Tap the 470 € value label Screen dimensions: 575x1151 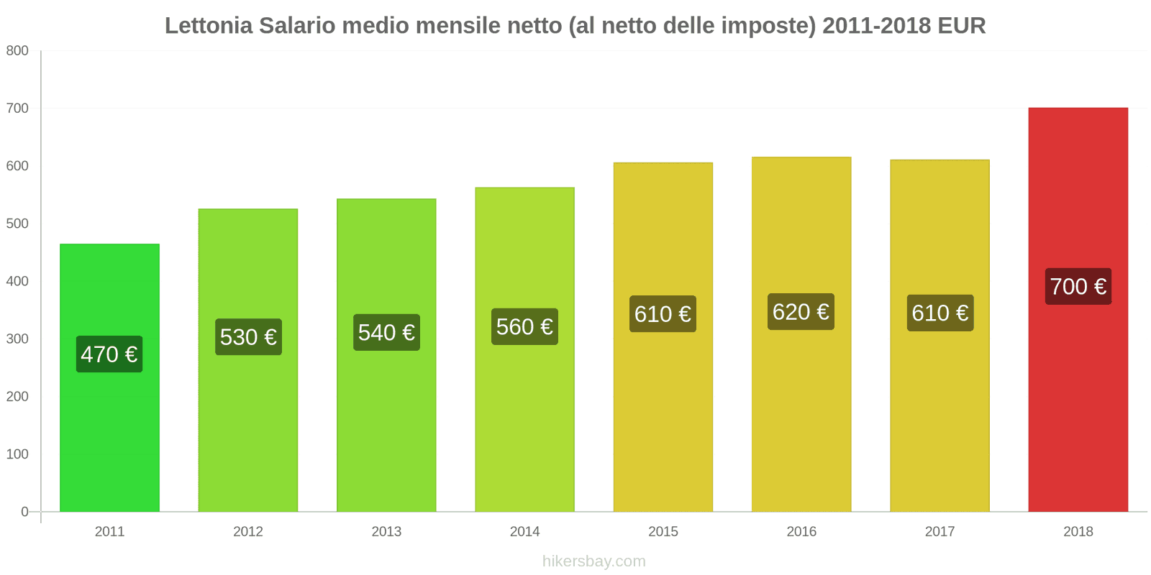click(x=109, y=354)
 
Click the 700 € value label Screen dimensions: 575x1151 click(x=1078, y=287)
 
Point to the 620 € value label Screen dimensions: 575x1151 click(x=801, y=312)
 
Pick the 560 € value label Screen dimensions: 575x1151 click(x=524, y=327)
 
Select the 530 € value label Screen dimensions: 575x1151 click(x=248, y=337)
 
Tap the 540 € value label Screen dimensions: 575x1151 click(x=386, y=333)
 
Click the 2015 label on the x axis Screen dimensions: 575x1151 click(x=663, y=532)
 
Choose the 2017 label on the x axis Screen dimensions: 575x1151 click(x=940, y=532)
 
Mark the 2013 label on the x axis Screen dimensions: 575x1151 click(x=386, y=532)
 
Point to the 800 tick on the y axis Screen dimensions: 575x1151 click(x=17, y=51)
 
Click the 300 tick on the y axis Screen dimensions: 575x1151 click(x=17, y=339)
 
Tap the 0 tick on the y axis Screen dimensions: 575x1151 click(x=24, y=512)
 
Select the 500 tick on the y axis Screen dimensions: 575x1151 click(x=17, y=224)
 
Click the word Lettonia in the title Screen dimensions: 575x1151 click(x=209, y=26)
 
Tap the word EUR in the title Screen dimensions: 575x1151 click(x=961, y=26)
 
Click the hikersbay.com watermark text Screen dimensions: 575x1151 click(x=593, y=561)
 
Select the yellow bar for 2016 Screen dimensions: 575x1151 click(x=801, y=417)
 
